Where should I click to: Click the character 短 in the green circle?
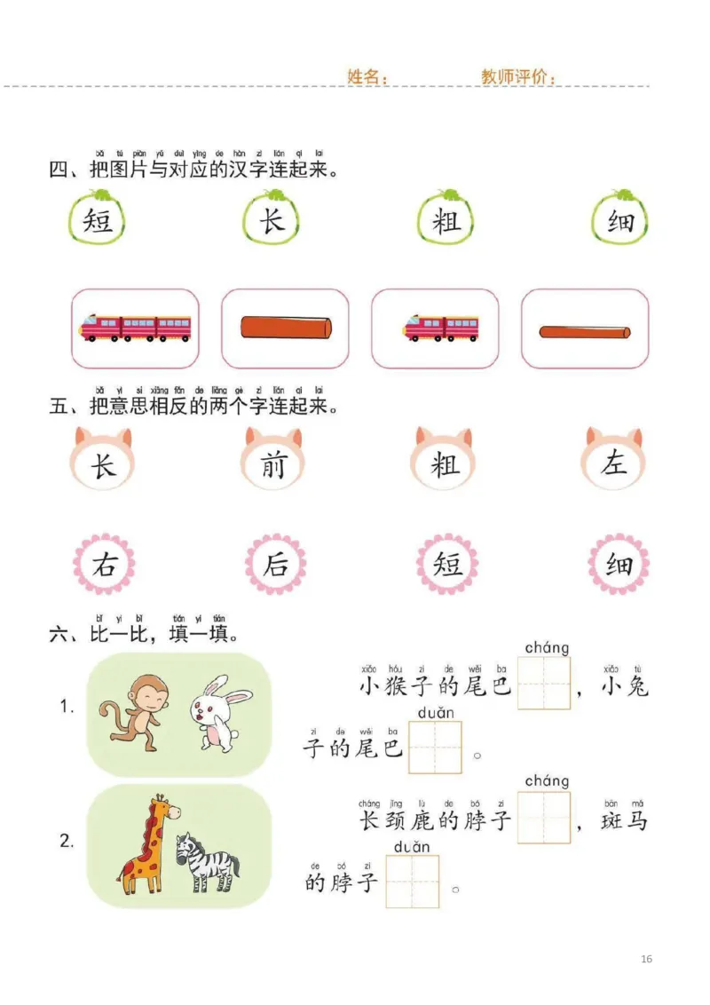tap(98, 220)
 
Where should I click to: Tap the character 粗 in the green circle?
tap(446, 220)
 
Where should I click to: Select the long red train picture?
tap(135, 328)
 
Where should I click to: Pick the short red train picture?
tap(440, 328)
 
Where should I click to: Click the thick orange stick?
tap(285, 328)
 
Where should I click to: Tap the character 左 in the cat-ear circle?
tap(614, 463)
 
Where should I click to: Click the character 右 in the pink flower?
tap(104, 565)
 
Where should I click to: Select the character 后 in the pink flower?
tap(275, 565)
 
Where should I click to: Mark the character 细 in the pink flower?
tap(619, 565)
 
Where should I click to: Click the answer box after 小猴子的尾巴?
tap(543, 684)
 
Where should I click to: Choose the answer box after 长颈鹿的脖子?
tap(543, 818)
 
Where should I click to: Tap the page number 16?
tap(646, 959)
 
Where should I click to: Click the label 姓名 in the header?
tap(367, 77)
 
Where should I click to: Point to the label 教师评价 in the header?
tap(517, 77)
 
